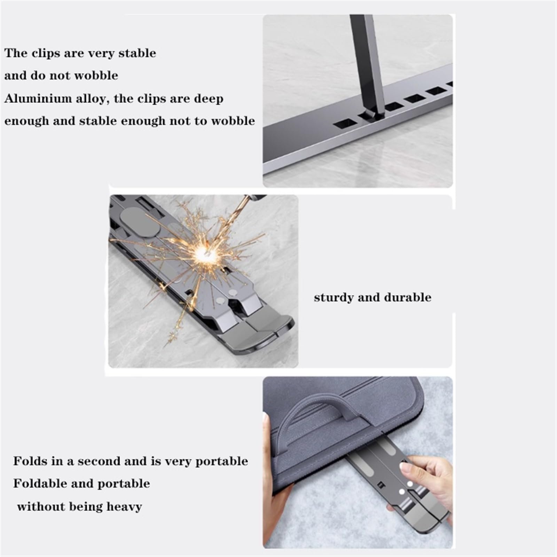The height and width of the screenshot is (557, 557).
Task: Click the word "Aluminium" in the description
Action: pos(38,99)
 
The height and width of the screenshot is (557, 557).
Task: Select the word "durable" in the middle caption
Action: pos(408,297)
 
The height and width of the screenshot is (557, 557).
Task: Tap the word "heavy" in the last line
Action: pos(124,507)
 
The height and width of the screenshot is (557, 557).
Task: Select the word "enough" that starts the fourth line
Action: pos(26,121)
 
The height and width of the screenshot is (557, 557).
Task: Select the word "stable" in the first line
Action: pos(137,53)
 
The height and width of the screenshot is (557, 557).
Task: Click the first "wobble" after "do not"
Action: pos(99,76)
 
